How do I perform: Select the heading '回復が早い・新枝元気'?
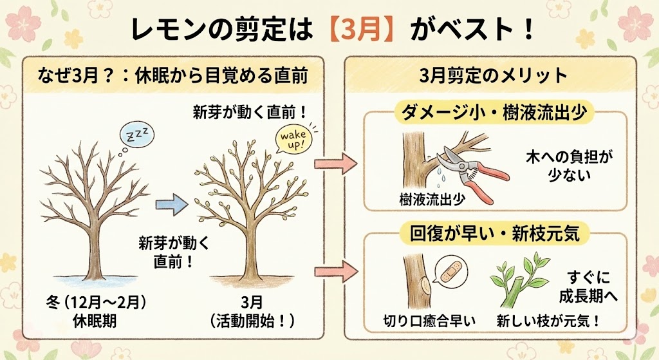[x=494, y=233]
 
